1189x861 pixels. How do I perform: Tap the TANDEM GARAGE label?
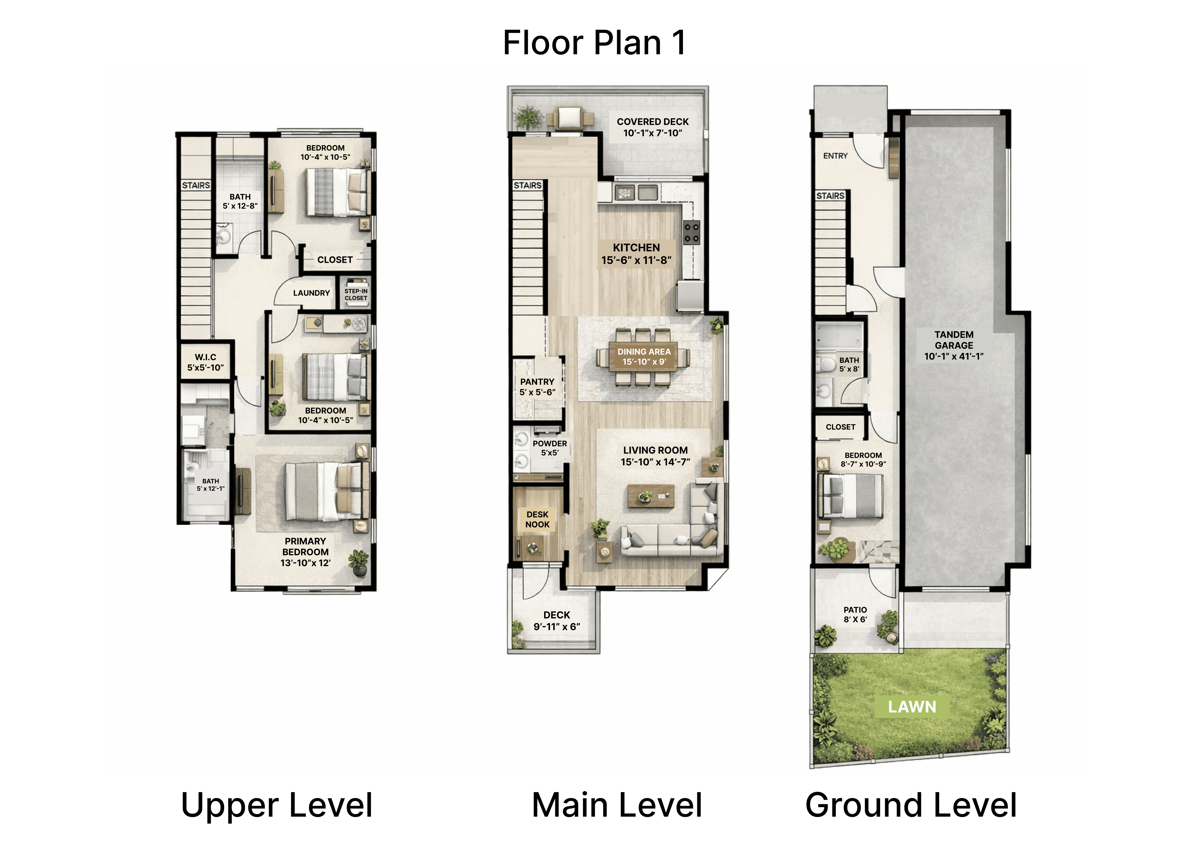[x=954, y=345]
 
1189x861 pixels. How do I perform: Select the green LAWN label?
[x=912, y=707]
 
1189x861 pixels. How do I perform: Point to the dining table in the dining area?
[x=644, y=357]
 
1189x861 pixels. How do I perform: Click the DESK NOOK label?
[x=537, y=519]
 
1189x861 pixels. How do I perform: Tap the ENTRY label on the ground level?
[x=835, y=156]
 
